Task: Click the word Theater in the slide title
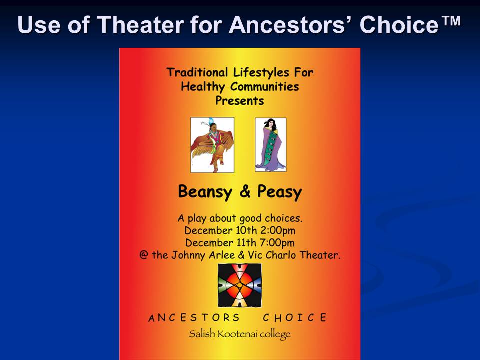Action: [140, 24]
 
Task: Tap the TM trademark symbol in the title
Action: [451, 21]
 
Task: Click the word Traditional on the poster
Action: [197, 72]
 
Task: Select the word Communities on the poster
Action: [265, 87]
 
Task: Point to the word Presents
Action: [239, 100]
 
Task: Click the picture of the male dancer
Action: [212, 145]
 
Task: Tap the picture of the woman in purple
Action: [270, 145]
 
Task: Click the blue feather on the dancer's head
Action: [211, 121]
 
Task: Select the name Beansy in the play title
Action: [205, 192]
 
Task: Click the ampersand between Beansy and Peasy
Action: [245, 191]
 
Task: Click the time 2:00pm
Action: [278, 231]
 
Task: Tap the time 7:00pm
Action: [277, 243]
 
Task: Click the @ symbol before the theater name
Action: [144, 255]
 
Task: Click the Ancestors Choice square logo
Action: [240, 285]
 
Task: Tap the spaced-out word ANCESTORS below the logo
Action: [194, 318]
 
